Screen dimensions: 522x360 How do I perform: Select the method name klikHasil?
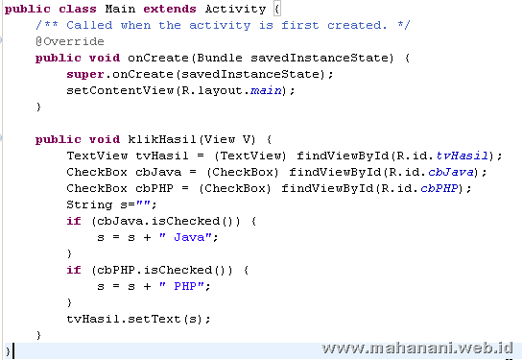point(156,139)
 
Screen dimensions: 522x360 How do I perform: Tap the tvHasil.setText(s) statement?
point(139,319)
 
